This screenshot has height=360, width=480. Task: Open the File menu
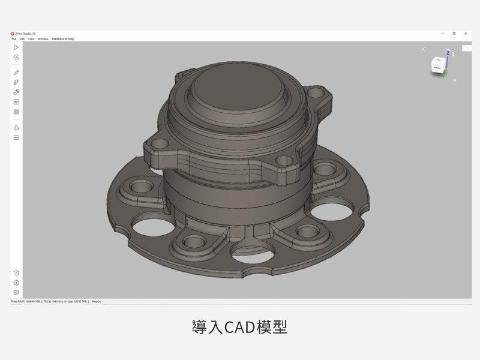pyautogui.click(x=14, y=39)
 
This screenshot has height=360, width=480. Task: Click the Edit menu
pyautogui.click(x=22, y=39)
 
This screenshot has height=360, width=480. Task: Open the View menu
pyautogui.click(x=31, y=39)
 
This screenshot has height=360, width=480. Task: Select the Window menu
pyautogui.click(x=43, y=39)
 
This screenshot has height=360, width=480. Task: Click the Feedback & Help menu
pyautogui.click(x=63, y=39)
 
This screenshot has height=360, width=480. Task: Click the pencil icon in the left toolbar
pyautogui.click(x=16, y=72)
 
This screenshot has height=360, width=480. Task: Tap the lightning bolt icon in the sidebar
pyautogui.click(x=16, y=82)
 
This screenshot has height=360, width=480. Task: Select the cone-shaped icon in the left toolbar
pyautogui.click(x=16, y=127)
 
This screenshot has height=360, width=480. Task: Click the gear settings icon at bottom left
pyautogui.click(x=16, y=283)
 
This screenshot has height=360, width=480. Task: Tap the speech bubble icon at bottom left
pyautogui.click(x=16, y=292)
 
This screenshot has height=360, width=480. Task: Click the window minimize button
pyautogui.click(x=442, y=34)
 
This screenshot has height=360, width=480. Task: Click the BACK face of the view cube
pyautogui.click(x=438, y=68)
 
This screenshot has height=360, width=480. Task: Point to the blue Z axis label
pyautogui.click(x=448, y=53)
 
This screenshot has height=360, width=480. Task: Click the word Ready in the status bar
pyautogui.click(x=97, y=301)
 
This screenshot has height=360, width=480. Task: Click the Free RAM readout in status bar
pyautogui.click(x=25, y=301)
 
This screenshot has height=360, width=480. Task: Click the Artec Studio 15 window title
pyautogui.click(x=25, y=34)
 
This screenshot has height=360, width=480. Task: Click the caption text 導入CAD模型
pyautogui.click(x=240, y=327)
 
